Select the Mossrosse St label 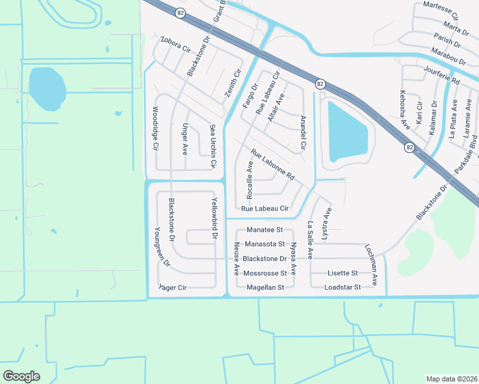click(x=264, y=273)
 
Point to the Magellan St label click(x=264, y=288)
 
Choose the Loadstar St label click(x=343, y=287)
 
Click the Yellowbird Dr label click(x=215, y=219)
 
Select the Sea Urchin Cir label click(x=213, y=147)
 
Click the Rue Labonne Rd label click(x=272, y=165)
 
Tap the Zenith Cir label click(x=232, y=84)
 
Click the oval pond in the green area click(x=47, y=88)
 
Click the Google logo click(x=21, y=376)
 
